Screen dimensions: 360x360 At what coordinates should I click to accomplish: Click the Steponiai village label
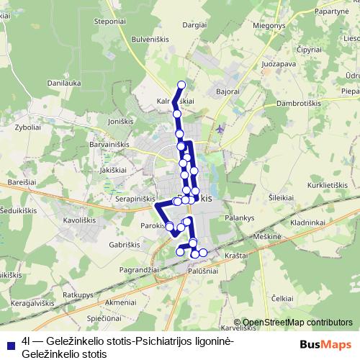point(120,22)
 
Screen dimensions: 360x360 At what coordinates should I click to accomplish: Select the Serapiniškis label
point(135,197)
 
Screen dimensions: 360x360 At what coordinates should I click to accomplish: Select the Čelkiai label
point(284,297)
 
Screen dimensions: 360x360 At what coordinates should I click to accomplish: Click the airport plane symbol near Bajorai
point(220,130)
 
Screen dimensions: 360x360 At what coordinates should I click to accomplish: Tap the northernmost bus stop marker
point(181,85)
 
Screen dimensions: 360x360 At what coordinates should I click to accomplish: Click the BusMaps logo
point(329,344)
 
